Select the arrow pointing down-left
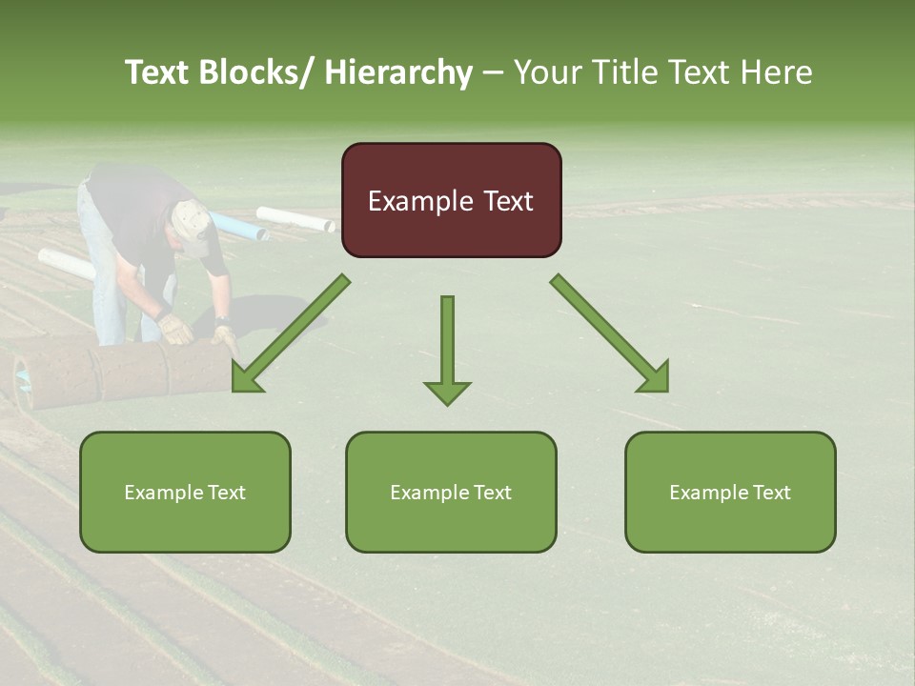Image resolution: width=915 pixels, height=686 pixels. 290,334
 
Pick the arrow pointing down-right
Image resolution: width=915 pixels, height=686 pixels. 610,334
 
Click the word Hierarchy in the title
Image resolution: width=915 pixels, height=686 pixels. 398,72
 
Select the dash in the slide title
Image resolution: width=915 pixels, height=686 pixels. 493,73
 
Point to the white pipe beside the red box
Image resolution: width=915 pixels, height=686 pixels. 295,219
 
